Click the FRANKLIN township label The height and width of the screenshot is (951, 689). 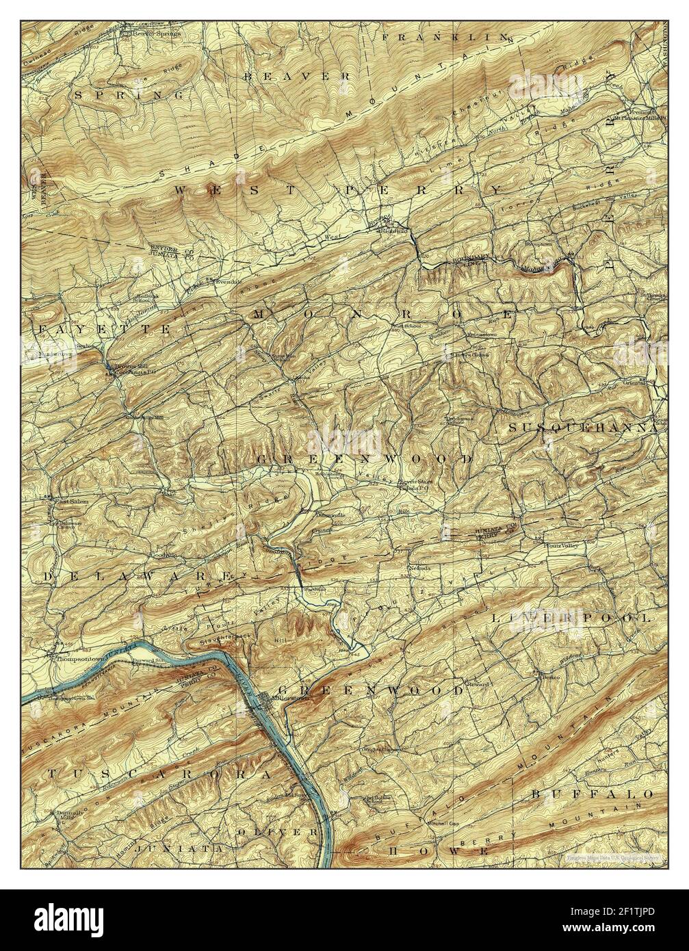445,37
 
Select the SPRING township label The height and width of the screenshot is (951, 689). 129,95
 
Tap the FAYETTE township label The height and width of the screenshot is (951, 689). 103,329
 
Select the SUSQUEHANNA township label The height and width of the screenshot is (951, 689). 582,427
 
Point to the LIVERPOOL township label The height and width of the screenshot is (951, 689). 571,617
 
